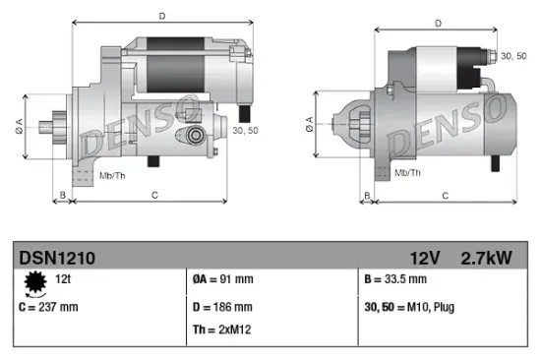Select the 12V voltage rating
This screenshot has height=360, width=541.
[425, 258]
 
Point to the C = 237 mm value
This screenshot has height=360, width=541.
[48, 306]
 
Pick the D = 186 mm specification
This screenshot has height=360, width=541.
[222, 306]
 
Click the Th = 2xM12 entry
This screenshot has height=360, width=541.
[223, 330]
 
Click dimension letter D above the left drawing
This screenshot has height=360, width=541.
[161, 15]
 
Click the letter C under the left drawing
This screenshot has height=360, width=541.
[154, 195]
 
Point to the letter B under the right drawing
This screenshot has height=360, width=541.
[367, 196]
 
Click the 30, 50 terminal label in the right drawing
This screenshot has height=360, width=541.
[512, 58]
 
